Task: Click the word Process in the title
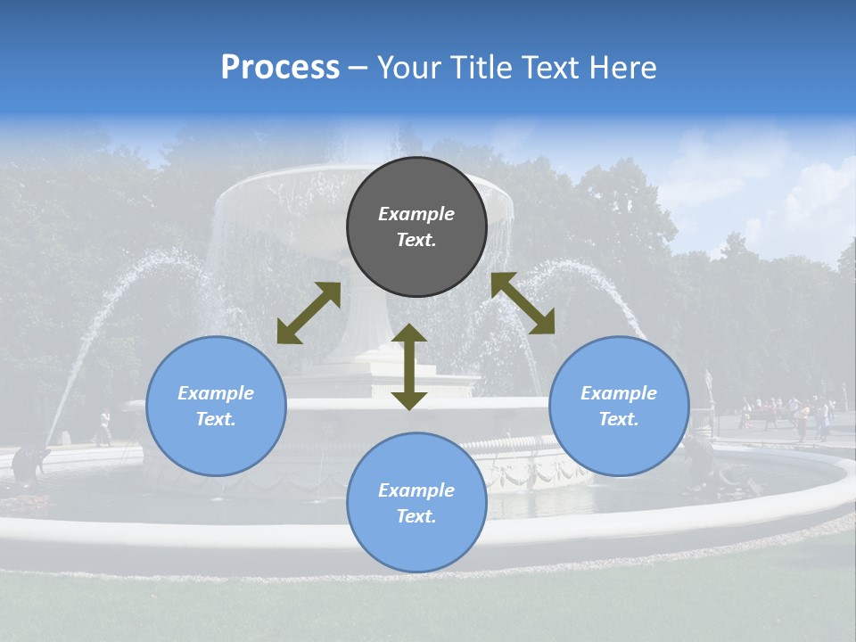[280, 68]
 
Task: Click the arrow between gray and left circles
[309, 313]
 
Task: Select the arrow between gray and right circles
[523, 303]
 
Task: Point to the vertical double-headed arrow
[409, 366]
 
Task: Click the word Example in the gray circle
[416, 214]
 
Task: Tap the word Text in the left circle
[216, 419]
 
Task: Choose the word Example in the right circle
[619, 393]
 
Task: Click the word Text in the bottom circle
[416, 516]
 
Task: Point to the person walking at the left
[104, 427]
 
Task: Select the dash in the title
[358, 68]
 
